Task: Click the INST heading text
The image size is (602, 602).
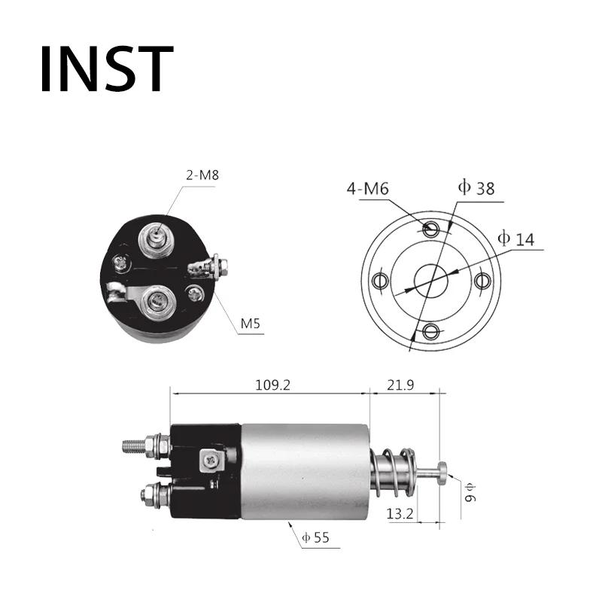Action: (x=107, y=69)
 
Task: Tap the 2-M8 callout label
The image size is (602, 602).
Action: (x=202, y=175)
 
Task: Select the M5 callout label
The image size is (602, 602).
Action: (x=251, y=324)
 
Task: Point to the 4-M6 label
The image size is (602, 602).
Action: (x=367, y=189)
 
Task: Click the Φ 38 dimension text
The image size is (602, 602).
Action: (x=476, y=187)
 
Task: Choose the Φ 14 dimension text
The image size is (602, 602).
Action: (x=516, y=239)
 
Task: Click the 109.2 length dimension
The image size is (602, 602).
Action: (x=273, y=385)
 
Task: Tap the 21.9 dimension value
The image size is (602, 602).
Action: (x=400, y=385)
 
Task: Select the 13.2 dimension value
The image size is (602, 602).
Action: (x=400, y=513)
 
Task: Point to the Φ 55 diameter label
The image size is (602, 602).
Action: (x=315, y=537)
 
